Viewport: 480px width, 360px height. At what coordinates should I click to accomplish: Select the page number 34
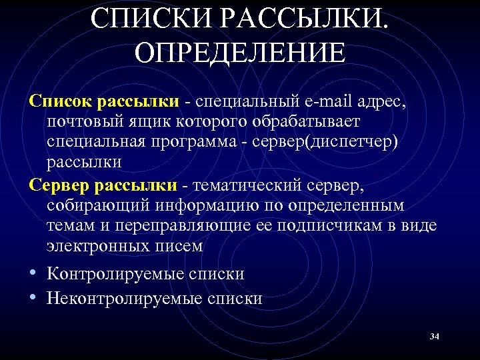coord(435,337)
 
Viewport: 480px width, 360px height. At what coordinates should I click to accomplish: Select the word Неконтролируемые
coord(123,298)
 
